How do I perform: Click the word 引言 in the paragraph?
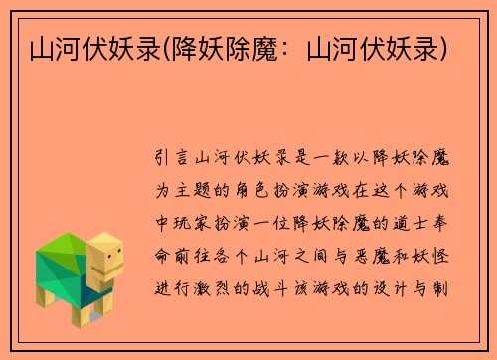(x=176, y=156)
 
